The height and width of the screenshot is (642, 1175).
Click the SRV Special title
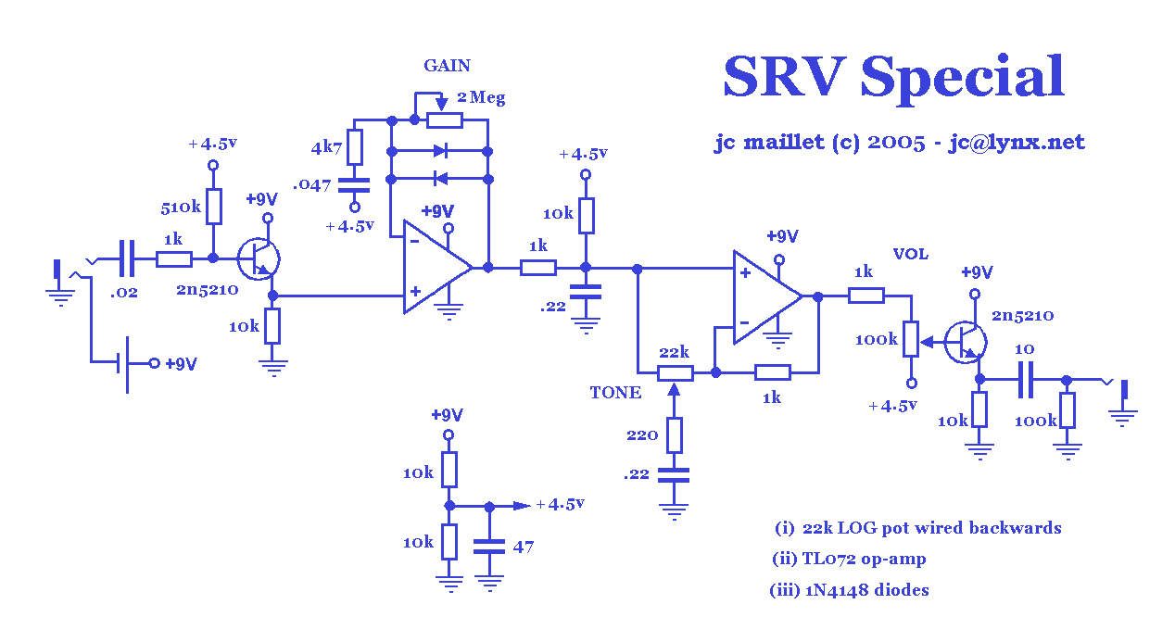pyautogui.click(x=893, y=76)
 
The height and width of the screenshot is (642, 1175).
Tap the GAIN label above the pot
pyautogui.click(x=447, y=66)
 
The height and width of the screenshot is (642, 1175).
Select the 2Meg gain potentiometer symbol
pyautogui.click(x=445, y=120)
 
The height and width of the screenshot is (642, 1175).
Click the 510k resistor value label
pyautogui.click(x=181, y=208)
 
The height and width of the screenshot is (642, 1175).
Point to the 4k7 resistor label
pyautogui.click(x=327, y=147)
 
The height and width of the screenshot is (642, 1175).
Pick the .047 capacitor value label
pyautogui.click(x=312, y=184)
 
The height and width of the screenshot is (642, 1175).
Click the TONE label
pyautogui.click(x=615, y=393)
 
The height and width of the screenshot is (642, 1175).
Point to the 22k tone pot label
pyautogui.click(x=674, y=353)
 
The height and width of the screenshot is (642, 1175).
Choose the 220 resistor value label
pyautogui.click(x=641, y=434)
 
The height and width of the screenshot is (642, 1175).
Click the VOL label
pyautogui.click(x=910, y=255)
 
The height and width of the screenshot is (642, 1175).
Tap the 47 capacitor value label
pyautogui.click(x=524, y=547)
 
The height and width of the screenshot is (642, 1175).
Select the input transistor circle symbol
pyautogui.click(x=259, y=258)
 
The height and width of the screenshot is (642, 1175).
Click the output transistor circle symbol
pyautogui.click(x=965, y=341)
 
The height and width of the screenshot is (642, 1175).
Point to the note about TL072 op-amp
pyautogui.click(x=849, y=559)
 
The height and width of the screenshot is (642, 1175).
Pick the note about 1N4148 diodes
pyautogui.click(x=849, y=590)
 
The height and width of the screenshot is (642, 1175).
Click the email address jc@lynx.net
pyautogui.click(x=1017, y=143)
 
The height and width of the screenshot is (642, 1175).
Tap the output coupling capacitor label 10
pyautogui.click(x=1024, y=348)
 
